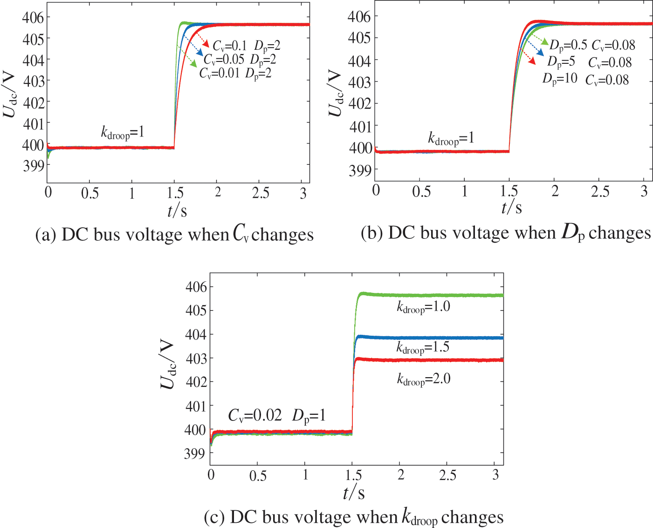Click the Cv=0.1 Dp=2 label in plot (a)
[247, 46]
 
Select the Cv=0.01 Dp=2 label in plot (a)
[235, 74]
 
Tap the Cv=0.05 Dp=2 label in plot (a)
[240, 60]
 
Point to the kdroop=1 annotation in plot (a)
[123, 133]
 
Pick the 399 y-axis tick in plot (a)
[34, 165]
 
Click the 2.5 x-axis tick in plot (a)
[261, 193]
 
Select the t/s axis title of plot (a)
[177, 211]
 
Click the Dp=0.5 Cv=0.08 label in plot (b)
[592, 45]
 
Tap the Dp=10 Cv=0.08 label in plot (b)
[585, 79]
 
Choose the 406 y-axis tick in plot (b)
[359, 17]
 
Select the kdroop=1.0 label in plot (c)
[423, 307]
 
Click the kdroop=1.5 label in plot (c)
[423, 347]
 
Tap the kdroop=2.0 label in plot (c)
[424, 379]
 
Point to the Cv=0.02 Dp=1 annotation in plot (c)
[276, 415]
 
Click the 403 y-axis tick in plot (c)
[196, 358]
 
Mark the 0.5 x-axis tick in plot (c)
[258, 475]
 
